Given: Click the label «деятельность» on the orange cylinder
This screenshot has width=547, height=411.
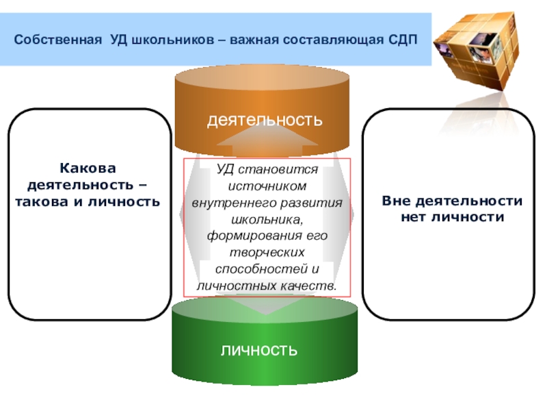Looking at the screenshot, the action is [265, 121].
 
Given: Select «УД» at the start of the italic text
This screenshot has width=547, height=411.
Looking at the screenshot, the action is [224, 169].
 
